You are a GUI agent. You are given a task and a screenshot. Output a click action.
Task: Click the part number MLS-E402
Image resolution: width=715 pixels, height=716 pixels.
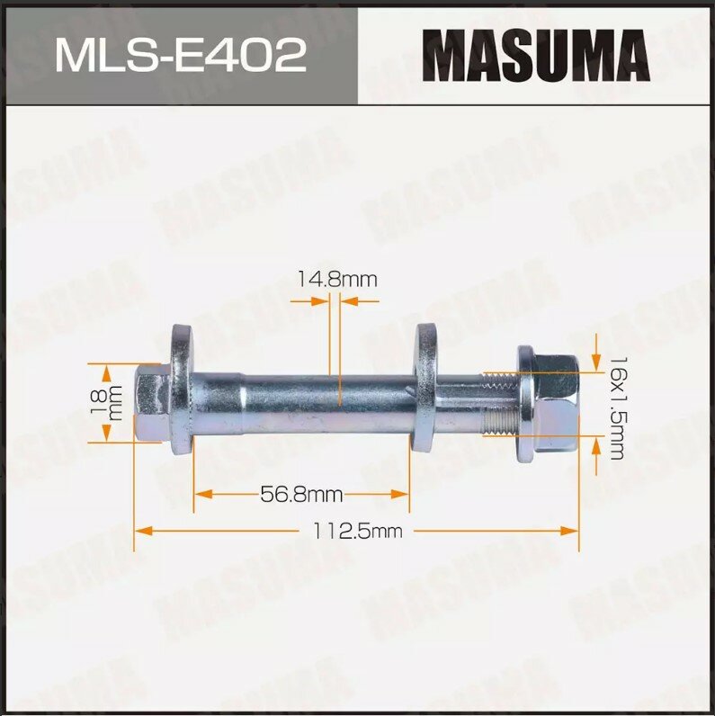[x=179, y=56]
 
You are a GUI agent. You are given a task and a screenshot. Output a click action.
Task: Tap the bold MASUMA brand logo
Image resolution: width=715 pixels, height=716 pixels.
[x=536, y=55]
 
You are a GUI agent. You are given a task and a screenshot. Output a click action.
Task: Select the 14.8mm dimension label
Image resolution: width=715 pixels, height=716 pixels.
[x=337, y=280]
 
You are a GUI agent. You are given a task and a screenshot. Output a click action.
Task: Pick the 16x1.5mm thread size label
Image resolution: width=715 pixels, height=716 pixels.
[x=615, y=407]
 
